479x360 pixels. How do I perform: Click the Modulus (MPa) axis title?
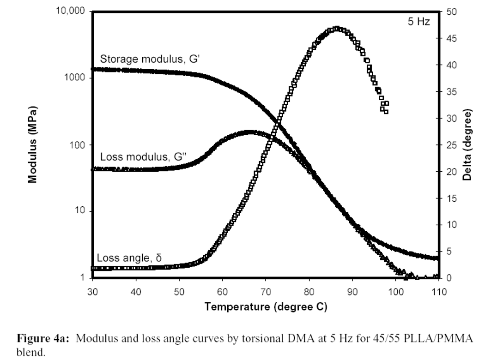coord(32,145)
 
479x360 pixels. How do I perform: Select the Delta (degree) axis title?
coord(469,145)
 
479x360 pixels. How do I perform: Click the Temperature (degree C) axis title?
coord(266,306)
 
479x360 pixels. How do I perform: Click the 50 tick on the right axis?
coord(452,12)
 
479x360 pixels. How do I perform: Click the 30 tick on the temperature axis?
coord(92,292)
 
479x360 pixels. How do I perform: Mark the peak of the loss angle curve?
coord(337,29)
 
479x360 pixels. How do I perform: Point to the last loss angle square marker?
coord(386,111)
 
